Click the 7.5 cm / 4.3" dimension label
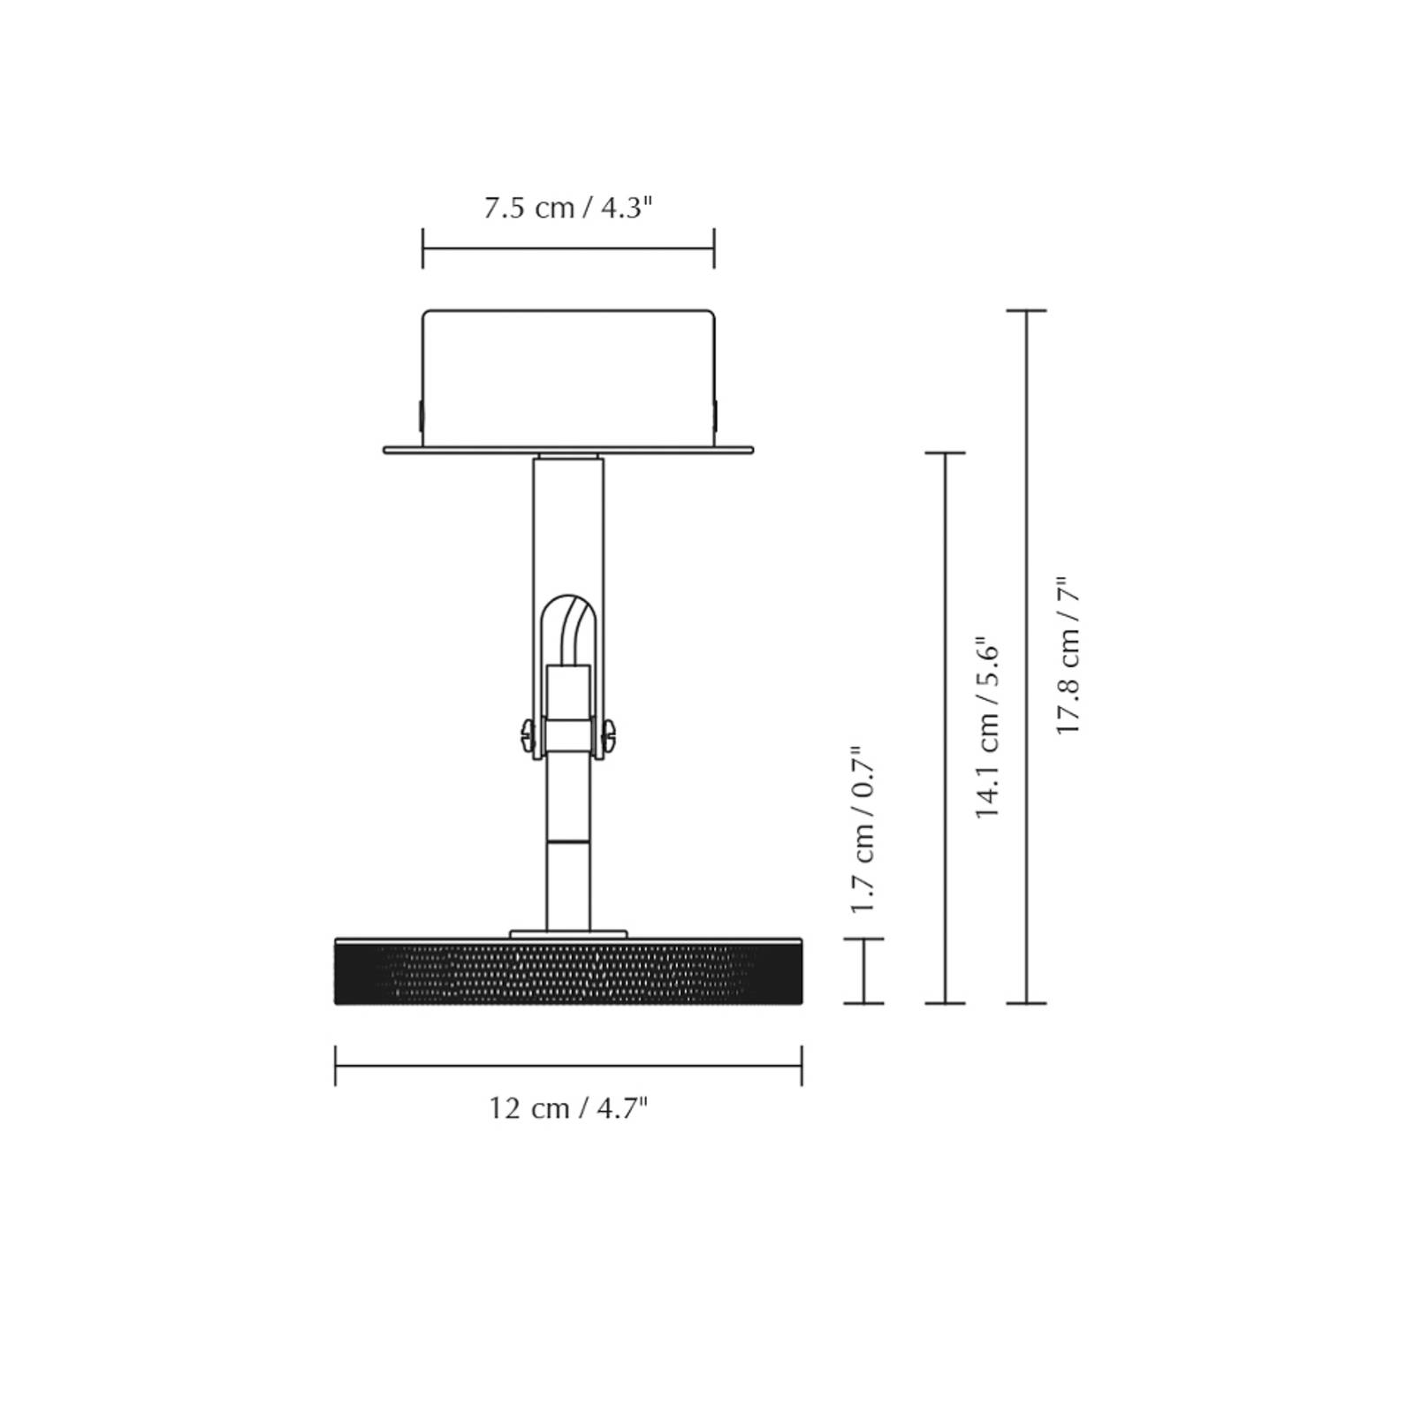pyautogui.click(x=568, y=209)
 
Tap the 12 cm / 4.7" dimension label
pyautogui.click(x=568, y=1107)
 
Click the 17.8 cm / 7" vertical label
pyautogui.click(x=1068, y=656)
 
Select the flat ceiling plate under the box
pyautogui.click(x=568, y=450)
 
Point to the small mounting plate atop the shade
pyautogui.click(x=568, y=933)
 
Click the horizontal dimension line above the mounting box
pyautogui.click(x=568, y=248)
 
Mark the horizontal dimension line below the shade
pyautogui.click(x=568, y=1066)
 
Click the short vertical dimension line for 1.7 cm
pyautogui.click(x=863, y=970)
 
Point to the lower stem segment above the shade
pyautogui.click(x=567, y=884)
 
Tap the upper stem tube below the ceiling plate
pyautogui.click(x=568, y=521)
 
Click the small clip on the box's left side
pyautogui.click(x=420, y=414)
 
